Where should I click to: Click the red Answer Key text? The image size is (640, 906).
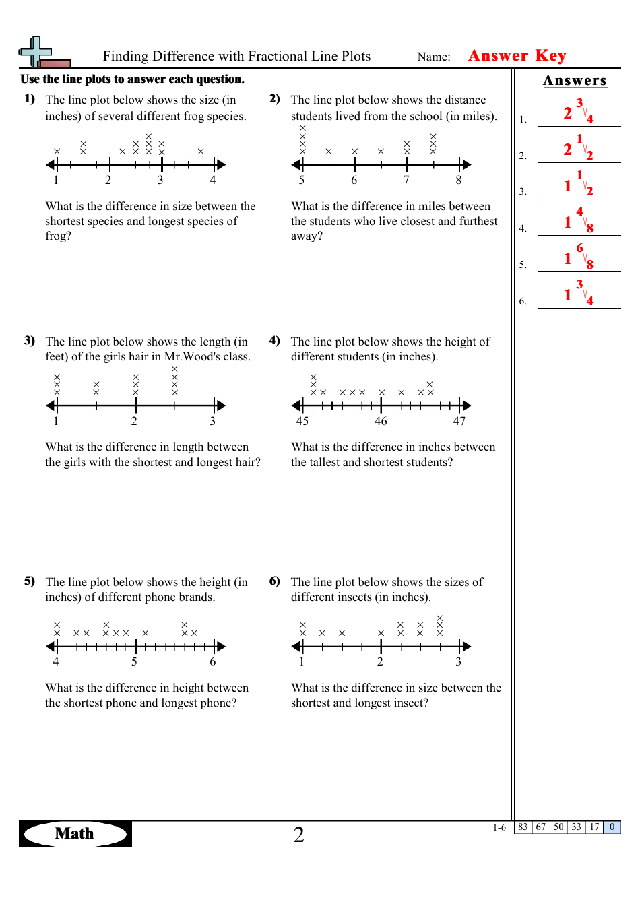tap(517, 56)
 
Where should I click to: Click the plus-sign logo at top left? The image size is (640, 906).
tap(37, 52)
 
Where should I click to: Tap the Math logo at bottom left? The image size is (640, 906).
tap(75, 834)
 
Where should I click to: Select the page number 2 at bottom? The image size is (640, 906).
tap(298, 835)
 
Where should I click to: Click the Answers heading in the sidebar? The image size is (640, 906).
tap(575, 81)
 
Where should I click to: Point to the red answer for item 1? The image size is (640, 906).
tap(578, 112)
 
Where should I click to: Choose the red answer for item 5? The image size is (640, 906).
tap(578, 257)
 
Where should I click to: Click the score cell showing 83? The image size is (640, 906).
tap(523, 827)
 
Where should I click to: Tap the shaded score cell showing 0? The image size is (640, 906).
tap(612, 827)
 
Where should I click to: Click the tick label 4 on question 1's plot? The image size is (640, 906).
tap(213, 181)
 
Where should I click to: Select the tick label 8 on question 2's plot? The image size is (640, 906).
tap(459, 181)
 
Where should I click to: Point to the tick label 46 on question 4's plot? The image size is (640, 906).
tap(381, 422)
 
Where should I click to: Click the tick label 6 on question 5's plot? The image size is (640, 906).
tap(213, 662)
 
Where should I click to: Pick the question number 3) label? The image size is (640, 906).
tap(30, 341)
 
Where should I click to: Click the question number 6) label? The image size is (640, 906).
tap(275, 581)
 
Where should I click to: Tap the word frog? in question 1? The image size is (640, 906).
tap(58, 236)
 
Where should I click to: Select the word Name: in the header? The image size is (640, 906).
tap(434, 57)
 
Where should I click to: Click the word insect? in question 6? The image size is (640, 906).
tap(408, 703)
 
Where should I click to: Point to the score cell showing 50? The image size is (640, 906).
tap(558, 827)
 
